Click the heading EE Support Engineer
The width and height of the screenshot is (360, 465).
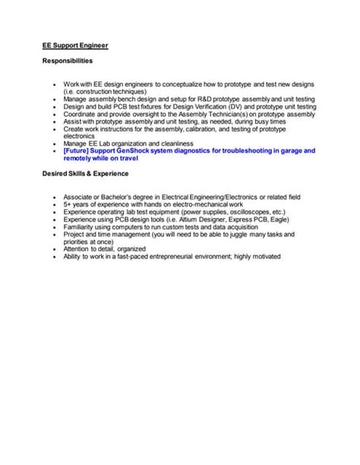[75, 46]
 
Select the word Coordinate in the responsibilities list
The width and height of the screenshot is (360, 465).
[82, 113]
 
